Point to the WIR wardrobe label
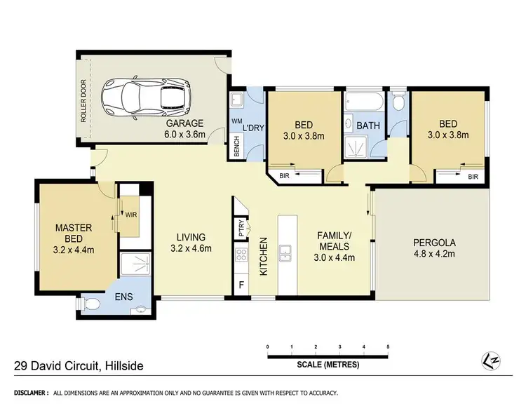click(130, 215)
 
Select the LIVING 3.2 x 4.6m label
click(191, 242)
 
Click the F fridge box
click(241, 285)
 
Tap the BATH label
click(367, 126)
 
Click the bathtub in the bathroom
click(365, 101)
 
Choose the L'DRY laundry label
click(254, 128)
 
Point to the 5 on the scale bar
click(387, 347)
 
